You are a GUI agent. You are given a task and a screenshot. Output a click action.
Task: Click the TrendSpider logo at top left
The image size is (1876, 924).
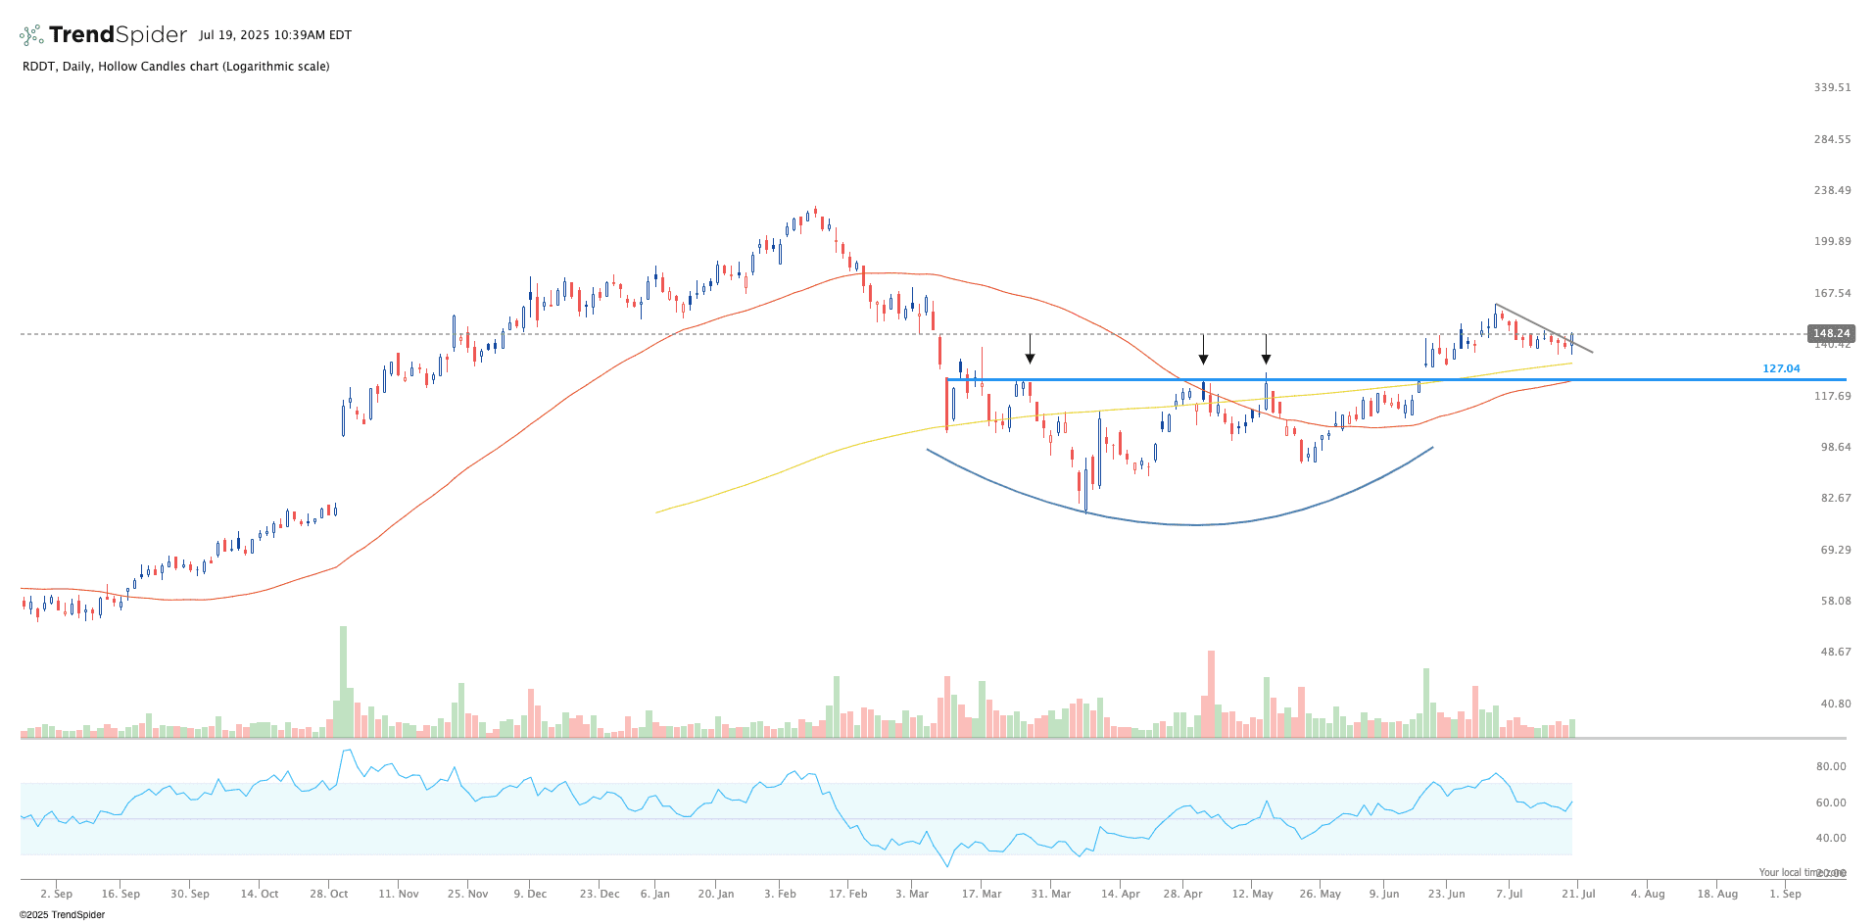pos(103,35)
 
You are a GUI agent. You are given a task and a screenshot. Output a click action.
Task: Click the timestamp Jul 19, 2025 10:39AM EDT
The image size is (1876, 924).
pos(274,35)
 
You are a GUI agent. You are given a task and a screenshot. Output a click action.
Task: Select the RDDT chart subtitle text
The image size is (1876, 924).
pos(175,67)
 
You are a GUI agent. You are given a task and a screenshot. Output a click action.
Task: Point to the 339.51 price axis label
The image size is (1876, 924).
pos(1832,87)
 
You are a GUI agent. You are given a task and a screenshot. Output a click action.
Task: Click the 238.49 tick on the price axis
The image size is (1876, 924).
pos(1832,190)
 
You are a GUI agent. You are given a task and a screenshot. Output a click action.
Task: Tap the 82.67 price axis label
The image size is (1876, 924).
pos(1835,498)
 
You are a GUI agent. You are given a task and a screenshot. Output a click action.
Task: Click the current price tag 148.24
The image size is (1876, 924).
pos(1830,333)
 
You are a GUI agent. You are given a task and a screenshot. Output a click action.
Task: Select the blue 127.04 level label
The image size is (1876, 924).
pos(1781,368)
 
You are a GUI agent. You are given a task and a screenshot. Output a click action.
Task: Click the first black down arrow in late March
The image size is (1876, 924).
pos(1030,350)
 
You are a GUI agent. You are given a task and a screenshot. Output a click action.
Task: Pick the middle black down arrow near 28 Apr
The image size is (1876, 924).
pos(1203,350)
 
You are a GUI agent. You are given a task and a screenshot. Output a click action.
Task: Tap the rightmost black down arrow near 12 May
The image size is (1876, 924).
pos(1266,350)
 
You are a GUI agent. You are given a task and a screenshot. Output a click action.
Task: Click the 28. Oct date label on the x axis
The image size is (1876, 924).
pos(329,894)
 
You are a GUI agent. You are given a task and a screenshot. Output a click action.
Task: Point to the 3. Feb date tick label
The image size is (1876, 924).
pos(781,894)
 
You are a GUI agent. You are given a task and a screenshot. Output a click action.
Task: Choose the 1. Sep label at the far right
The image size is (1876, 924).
pos(1785,894)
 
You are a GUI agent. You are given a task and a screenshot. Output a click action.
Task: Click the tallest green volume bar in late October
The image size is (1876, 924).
pos(343,682)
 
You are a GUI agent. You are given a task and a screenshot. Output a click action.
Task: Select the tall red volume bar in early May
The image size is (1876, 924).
pos(1211,694)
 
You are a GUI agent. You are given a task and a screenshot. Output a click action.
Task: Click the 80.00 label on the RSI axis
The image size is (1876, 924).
pos(1831,766)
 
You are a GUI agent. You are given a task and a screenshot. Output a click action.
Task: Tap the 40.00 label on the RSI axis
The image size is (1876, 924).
pos(1831,838)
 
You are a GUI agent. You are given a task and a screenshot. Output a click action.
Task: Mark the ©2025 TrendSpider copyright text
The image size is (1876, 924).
pos(62,915)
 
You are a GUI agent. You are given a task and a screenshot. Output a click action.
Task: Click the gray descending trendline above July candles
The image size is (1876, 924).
pos(1543,328)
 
